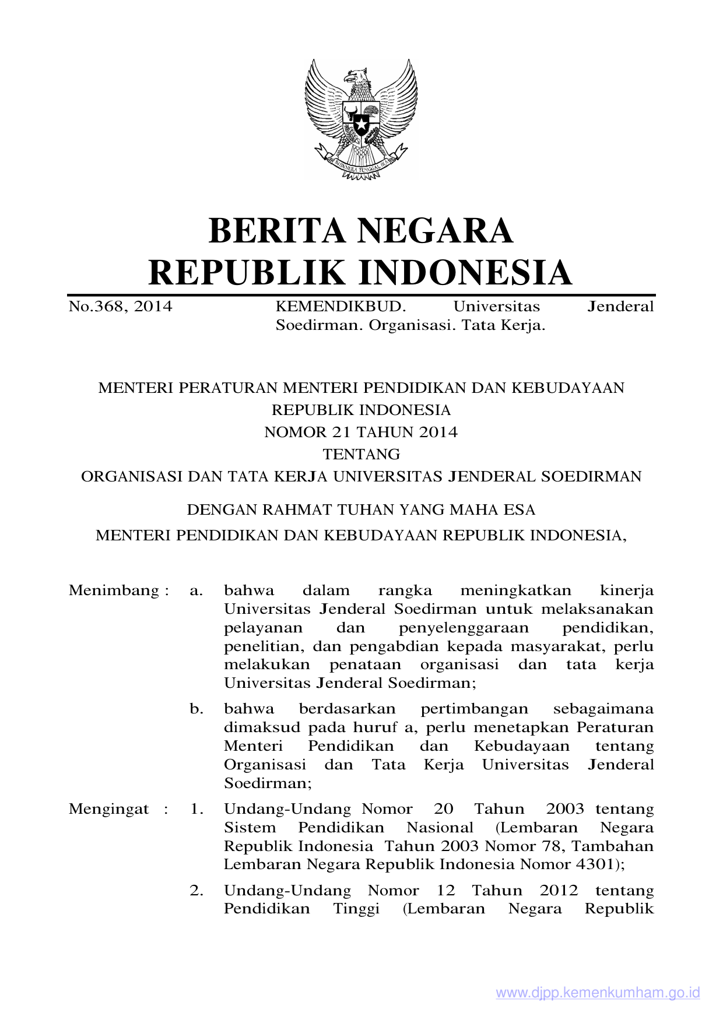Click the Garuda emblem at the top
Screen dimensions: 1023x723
coord(361,119)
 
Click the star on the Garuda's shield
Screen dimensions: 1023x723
coord(361,124)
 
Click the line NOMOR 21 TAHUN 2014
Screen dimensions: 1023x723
coord(361,433)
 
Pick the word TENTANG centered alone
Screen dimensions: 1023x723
coord(361,455)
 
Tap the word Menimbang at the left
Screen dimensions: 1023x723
coord(114,590)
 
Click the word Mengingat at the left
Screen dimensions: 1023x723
coord(109,809)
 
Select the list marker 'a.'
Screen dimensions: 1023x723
coord(196,590)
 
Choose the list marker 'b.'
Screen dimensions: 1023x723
coord(196,709)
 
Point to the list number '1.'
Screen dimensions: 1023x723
coord(196,809)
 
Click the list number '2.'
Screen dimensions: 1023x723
coord(196,891)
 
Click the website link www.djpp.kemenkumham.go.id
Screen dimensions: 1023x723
coord(598,993)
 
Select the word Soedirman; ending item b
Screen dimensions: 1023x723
coord(268,783)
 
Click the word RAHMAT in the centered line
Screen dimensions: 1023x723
coord(294,510)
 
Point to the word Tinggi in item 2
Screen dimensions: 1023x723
coord(356,909)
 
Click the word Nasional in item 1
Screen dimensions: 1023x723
coord(440,828)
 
